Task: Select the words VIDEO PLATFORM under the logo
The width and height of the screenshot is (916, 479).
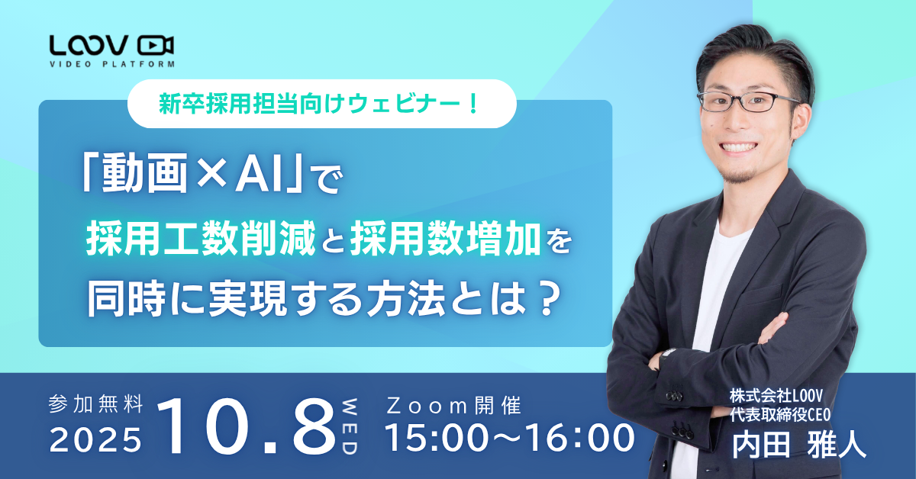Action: [111, 64]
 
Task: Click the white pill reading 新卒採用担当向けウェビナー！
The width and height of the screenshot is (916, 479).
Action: [321, 103]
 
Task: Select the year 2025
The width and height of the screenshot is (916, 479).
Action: [95, 439]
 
